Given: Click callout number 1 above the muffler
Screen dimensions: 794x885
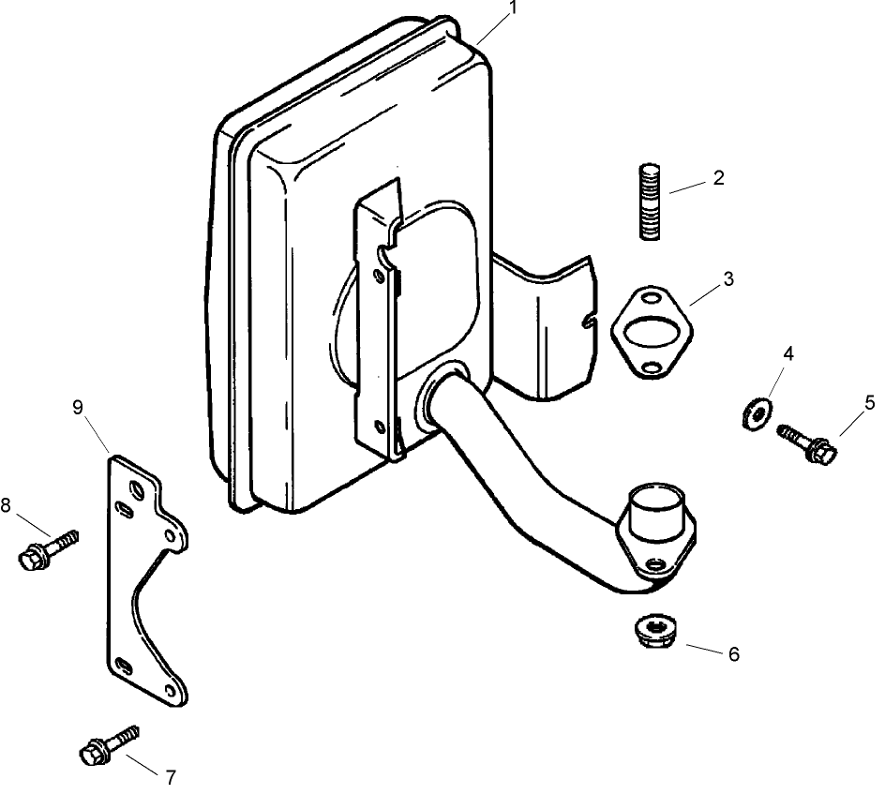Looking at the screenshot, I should pyautogui.click(x=512, y=8).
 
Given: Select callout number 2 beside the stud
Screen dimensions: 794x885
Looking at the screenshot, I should pyautogui.click(x=718, y=178).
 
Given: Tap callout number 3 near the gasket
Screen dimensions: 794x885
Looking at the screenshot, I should pyautogui.click(x=727, y=279).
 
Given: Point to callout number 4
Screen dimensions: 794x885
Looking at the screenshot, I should pyautogui.click(x=788, y=353).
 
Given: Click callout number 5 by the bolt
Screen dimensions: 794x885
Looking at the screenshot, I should pyautogui.click(x=869, y=402).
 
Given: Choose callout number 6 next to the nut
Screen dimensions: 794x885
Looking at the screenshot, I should pyautogui.click(x=733, y=654).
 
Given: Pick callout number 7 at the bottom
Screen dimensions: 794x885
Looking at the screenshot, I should pyautogui.click(x=170, y=777).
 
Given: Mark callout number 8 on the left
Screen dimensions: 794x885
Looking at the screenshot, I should pyautogui.click(x=7, y=505).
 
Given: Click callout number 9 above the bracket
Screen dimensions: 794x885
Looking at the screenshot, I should pyautogui.click(x=78, y=406).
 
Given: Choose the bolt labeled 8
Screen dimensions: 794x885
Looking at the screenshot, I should pyautogui.click(x=46, y=549).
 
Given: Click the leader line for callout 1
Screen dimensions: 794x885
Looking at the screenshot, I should pyautogui.click(x=489, y=29).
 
